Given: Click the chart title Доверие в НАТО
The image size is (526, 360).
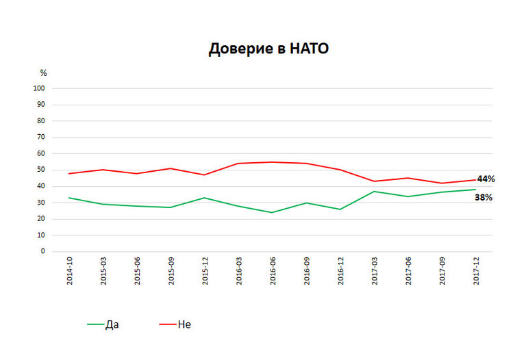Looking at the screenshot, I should pos(268,49).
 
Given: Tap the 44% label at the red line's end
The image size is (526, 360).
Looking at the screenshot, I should pos(486,179).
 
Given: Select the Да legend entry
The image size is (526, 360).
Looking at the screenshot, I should pos(112,324).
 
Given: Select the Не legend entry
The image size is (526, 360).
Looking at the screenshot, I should pos(184,324).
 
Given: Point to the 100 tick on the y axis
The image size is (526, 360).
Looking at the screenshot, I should pos(40,88).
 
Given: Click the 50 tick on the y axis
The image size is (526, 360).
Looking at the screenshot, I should pos(41,170).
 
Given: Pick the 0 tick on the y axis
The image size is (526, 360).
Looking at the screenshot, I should pos(43,251).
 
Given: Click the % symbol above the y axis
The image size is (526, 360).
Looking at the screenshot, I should pos(43,72).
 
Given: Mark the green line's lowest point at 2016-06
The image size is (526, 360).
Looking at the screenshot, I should pos(272,212).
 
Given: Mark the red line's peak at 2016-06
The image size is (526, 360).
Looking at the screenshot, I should pos(272,162).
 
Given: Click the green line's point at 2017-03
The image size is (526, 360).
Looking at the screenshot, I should pos(374,191).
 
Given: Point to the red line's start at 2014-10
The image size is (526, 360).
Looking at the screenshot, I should pos(69,173).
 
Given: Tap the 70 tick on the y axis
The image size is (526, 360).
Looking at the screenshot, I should pos(41,137).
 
